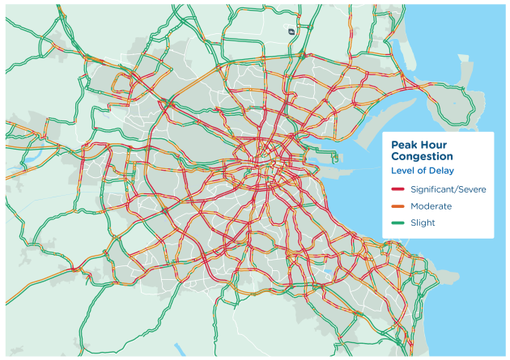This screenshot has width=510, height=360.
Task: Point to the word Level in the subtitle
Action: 403,171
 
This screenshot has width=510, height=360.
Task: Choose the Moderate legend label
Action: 431,206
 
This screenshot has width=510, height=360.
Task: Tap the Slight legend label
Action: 424,223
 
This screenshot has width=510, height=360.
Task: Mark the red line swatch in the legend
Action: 397,188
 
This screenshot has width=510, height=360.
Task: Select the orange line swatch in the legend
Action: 397,206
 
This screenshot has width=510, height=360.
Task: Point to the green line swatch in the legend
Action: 397,223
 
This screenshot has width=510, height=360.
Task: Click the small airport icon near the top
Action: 290,31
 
